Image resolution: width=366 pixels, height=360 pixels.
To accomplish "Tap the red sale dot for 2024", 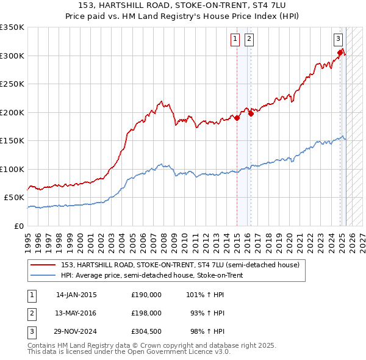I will point(340,53).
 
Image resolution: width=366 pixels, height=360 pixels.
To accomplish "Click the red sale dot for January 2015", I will point(237,118).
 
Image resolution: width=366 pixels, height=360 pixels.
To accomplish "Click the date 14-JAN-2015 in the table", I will point(76,295).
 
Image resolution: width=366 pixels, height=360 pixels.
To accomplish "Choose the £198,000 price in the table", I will point(146,313).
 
